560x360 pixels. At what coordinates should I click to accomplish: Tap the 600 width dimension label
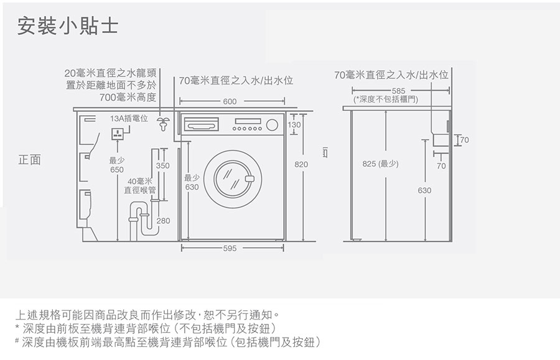(230, 101)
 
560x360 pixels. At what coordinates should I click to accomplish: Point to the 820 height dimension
(302, 165)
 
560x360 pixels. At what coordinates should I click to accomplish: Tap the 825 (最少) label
(380, 165)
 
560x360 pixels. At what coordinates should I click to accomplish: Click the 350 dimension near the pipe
(162, 166)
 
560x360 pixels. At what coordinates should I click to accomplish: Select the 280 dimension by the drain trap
(163, 221)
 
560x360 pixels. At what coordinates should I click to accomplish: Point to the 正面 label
(29, 160)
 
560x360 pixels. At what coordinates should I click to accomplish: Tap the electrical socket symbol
(117, 134)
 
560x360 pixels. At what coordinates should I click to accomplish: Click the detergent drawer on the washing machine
(200, 123)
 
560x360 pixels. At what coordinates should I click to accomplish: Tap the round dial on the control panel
(271, 125)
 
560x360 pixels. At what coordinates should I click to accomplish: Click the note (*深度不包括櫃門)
(385, 99)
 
